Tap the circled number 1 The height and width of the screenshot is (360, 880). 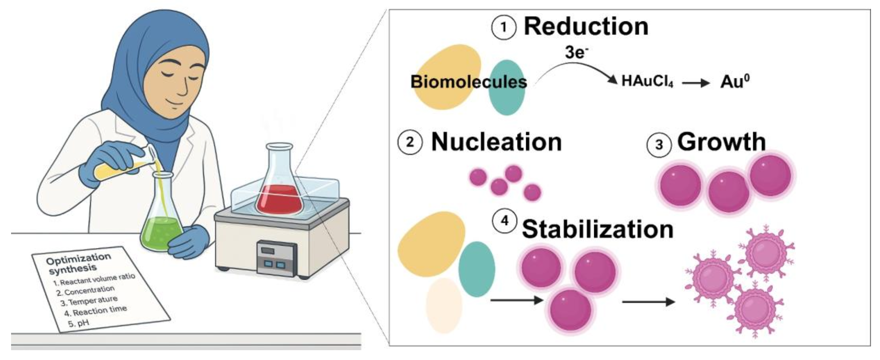coord(504,28)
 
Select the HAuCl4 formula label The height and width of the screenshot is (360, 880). coord(647,82)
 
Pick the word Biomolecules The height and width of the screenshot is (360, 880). coord(469,82)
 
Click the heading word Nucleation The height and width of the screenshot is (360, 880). coord(496,142)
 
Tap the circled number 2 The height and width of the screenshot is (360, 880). coord(410,143)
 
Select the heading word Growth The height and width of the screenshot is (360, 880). coord(721,142)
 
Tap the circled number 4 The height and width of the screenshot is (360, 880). coord(504,222)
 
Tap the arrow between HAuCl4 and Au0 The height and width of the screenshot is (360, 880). coord(696,83)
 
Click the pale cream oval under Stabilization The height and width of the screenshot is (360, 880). coord(444,305)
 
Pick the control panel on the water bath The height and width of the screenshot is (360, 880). coord(276,258)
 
